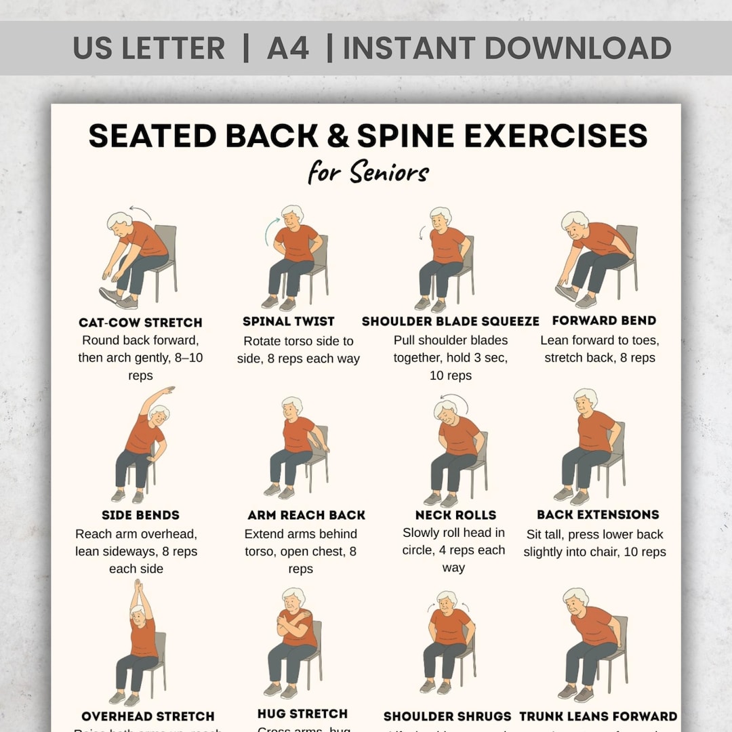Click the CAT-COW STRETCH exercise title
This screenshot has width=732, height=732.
tap(140, 323)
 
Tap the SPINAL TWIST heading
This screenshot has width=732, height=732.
tap(289, 321)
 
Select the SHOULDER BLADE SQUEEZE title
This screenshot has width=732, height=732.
tap(450, 321)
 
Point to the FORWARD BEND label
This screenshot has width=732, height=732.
tap(604, 321)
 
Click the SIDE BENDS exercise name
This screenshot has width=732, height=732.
tap(140, 516)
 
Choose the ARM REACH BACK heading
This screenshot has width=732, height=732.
tap(306, 516)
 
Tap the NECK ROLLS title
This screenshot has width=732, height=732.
tap(455, 515)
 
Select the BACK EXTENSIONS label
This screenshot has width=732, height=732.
tap(598, 515)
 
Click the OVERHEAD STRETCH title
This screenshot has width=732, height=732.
tap(148, 716)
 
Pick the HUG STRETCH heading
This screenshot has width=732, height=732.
tap(303, 714)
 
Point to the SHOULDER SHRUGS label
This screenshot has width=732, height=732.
tap(447, 716)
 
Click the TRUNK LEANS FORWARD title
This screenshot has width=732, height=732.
tap(598, 716)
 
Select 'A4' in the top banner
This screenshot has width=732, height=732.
tap(288, 48)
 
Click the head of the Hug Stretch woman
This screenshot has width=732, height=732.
tap(293, 598)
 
